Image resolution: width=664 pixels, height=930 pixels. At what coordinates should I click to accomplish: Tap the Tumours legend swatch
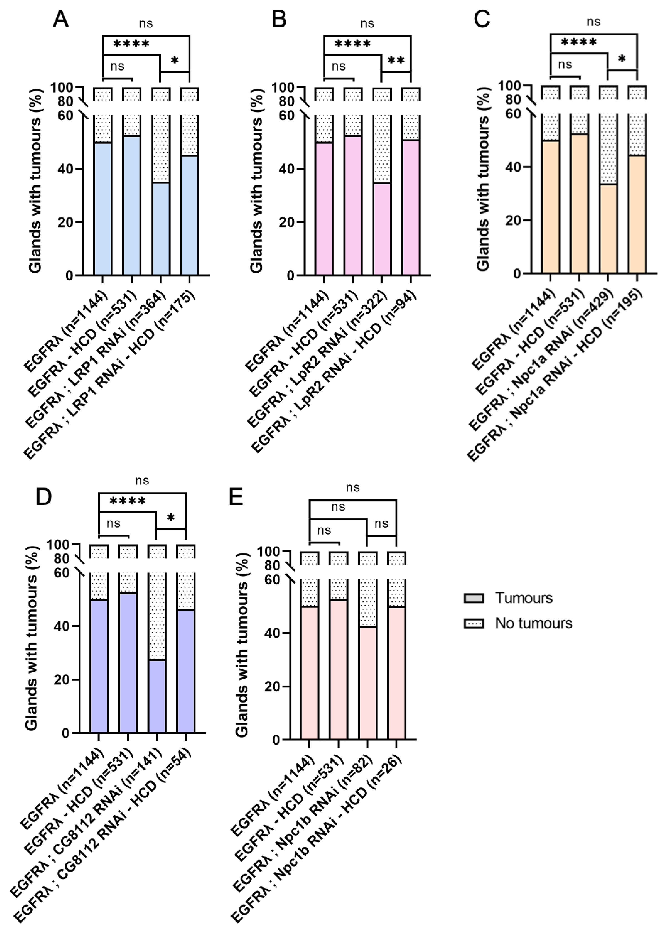474,598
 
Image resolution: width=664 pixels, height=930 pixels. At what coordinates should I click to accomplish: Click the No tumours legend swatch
474,623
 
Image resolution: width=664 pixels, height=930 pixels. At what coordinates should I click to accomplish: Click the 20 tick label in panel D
62,680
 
